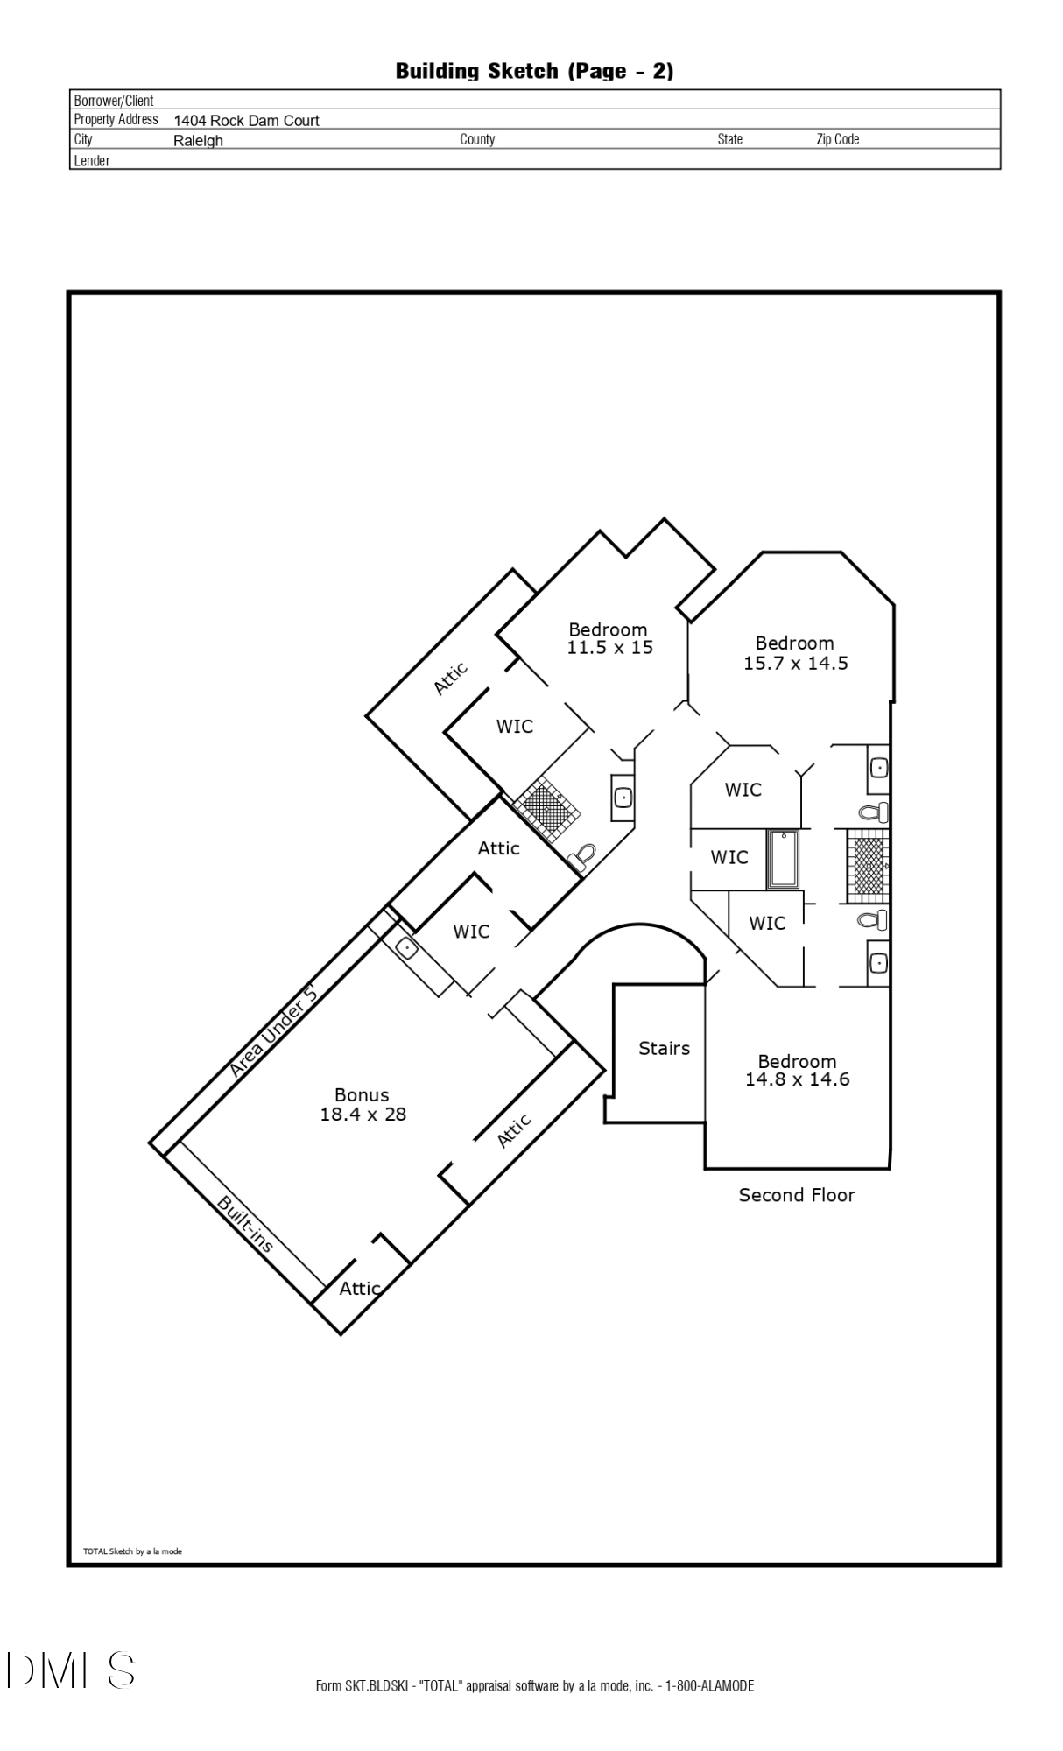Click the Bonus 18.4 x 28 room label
pyautogui.click(x=363, y=1104)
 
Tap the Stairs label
pyautogui.click(x=664, y=1048)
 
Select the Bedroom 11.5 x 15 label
pyautogui.click(x=609, y=638)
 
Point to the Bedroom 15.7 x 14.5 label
pyautogui.click(x=795, y=653)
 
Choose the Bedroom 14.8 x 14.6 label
pyautogui.click(x=797, y=1070)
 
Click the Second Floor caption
pyautogui.click(x=796, y=1195)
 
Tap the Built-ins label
pyautogui.click(x=245, y=1224)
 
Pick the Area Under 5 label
pyautogui.click(x=272, y=1031)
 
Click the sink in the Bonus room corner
pyautogui.click(x=407, y=947)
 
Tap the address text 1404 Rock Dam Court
pyautogui.click(x=246, y=121)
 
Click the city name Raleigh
pyautogui.click(x=198, y=141)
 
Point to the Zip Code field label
pyautogui.click(x=837, y=139)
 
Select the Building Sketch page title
pyautogui.click(x=534, y=71)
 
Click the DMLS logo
pyautogui.click(x=70, y=1670)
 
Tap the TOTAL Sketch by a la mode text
pyautogui.click(x=132, y=1551)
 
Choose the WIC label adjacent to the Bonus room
pyautogui.click(x=471, y=932)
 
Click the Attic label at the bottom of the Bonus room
pyautogui.click(x=359, y=1289)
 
